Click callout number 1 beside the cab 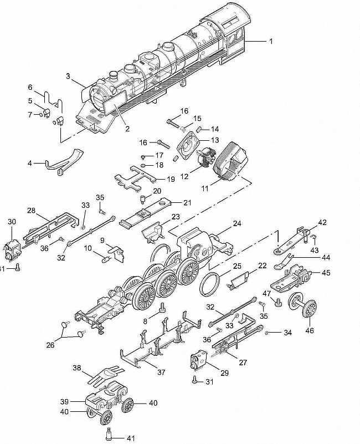(x=271, y=42)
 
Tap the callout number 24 (x=237, y=223)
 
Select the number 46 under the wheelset (x=310, y=330)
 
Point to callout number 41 (x=131, y=438)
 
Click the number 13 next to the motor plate (x=215, y=140)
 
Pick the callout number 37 (x=161, y=372)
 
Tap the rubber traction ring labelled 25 (x=210, y=284)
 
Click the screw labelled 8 (x=163, y=308)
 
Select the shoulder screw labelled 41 (x=109, y=433)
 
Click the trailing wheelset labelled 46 (x=302, y=305)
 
